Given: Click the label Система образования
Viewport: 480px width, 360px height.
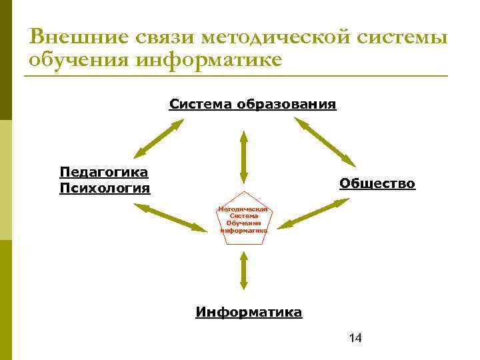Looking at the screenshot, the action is (253, 104).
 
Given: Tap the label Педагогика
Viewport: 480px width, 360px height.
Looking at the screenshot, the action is (103, 172).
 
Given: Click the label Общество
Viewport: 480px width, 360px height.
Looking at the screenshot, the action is (377, 183).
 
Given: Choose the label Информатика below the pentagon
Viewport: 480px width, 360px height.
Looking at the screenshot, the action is (249, 312).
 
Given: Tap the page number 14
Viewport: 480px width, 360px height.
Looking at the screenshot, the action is (355, 338).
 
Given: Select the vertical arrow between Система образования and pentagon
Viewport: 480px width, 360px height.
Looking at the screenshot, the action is (243, 157).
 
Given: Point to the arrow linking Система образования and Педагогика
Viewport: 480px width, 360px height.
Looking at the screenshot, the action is (160, 138).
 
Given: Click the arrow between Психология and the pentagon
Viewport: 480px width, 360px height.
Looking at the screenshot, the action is (171, 217).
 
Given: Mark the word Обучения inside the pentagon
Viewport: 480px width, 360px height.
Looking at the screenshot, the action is (243, 223).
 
